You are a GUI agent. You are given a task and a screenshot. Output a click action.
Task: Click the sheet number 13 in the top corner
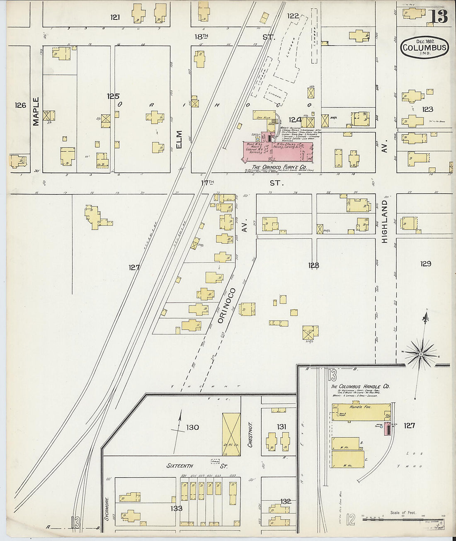[438, 17]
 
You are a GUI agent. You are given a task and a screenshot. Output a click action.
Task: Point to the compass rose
[421, 354]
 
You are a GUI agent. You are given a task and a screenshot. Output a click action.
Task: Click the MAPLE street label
[36, 111]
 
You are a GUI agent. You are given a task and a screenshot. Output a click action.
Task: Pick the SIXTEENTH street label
[183, 466]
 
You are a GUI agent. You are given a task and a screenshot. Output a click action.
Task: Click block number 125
[113, 96]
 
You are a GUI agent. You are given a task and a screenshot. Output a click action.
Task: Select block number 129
[425, 264]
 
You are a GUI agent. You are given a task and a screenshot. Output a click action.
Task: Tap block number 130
[192, 427]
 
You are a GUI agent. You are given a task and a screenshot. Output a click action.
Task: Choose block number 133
[176, 508]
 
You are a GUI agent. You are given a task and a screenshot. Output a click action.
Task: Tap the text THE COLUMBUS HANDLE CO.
[360, 386]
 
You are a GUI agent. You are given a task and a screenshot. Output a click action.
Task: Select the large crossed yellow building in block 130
[231, 429]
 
